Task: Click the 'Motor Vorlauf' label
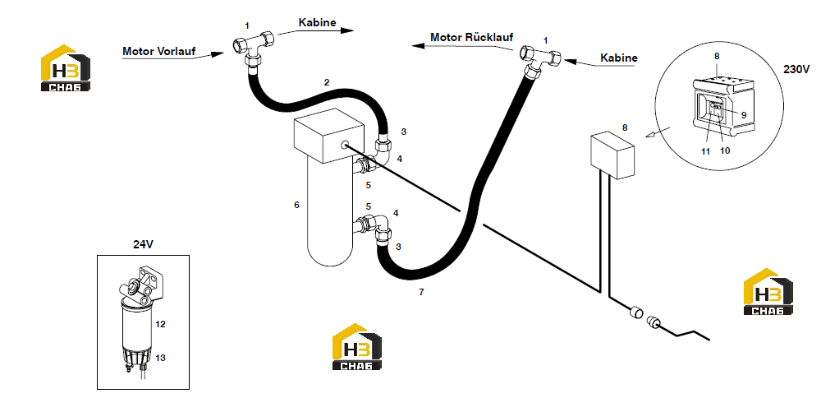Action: click(x=158, y=51)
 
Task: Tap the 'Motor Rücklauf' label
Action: click(x=472, y=37)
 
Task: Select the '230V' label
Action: click(x=796, y=69)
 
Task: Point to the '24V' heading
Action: click(x=142, y=244)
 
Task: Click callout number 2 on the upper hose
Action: click(x=327, y=81)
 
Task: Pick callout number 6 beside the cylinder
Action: click(x=297, y=205)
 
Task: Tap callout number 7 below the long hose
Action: click(x=421, y=293)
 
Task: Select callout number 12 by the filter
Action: click(x=161, y=324)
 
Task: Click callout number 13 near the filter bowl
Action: click(x=161, y=358)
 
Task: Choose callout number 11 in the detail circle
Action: click(x=706, y=151)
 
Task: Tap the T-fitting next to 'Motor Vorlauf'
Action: click(x=254, y=47)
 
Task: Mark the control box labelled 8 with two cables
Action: click(x=612, y=156)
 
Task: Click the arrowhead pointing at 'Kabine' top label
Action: click(x=346, y=30)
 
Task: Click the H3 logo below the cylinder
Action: click(x=357, y=347)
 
